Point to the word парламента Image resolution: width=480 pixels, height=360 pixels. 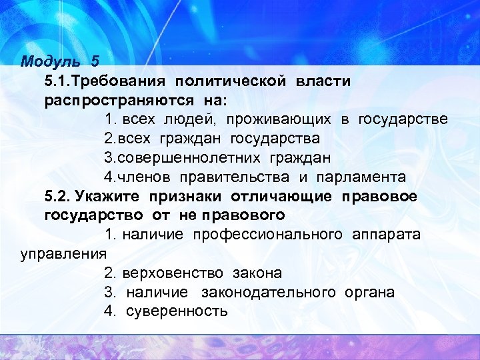pyautogui.click(x=361, y=177)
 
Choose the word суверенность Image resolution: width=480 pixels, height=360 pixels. pyautogui.click(x=177, y=311)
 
